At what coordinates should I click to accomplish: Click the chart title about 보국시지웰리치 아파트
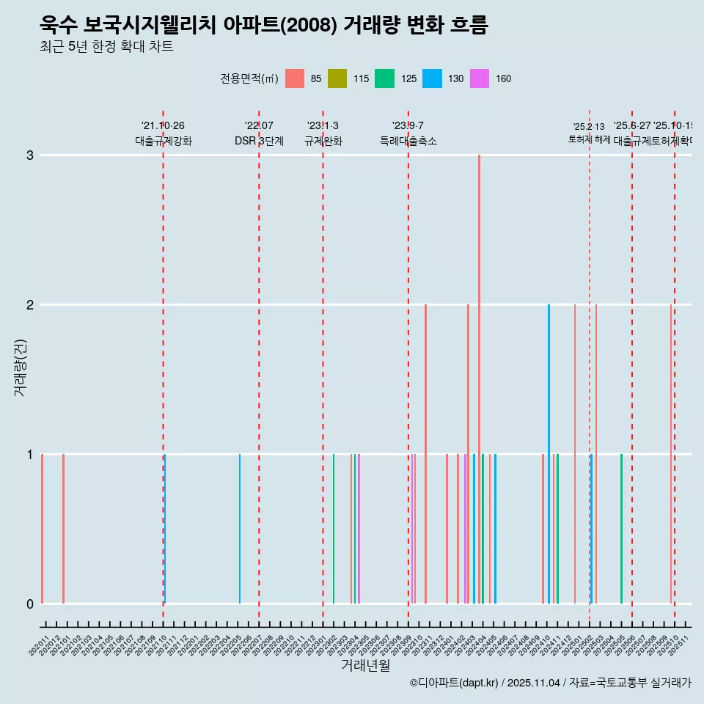(x=264, y=26)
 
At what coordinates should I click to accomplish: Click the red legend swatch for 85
(x=295, y=78)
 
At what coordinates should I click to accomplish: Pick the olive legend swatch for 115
(x=337, y=78)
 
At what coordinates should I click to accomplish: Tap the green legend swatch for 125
(x=384, y=78)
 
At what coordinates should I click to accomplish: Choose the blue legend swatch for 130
(x=433, y=78)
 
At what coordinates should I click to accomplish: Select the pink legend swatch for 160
(x=480, y=78)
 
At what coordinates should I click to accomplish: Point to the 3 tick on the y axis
(x=29, y=155)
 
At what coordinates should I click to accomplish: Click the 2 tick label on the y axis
(x=29, y=305)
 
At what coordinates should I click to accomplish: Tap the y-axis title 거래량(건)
(x=20, y=367)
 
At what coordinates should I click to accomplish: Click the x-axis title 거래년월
(x=365, y=665)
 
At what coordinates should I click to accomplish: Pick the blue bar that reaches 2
(x=549, y=453)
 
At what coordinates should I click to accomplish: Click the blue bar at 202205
(x=240, y=528)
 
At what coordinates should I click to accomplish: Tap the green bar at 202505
(x=621, y=528)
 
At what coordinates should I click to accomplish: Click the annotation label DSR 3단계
(x=259, y=141)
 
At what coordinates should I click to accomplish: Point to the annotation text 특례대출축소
(x=408, y=141)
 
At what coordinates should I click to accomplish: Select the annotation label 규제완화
(x=323, y=141)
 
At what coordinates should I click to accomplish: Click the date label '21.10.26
(x=163, y=126)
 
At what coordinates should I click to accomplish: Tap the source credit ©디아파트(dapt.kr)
(x=455, y=683)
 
